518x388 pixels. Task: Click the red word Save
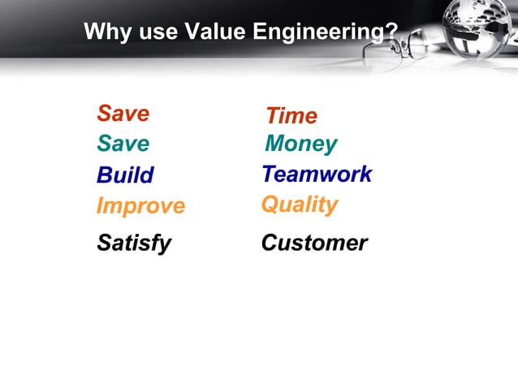[x=123, y=114]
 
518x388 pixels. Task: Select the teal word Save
[x=123, y=144]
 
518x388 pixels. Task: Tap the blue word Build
[x=124, y=175]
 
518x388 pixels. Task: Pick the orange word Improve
[x=140, y=206]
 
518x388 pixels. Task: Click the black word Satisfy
[x=134, y=243]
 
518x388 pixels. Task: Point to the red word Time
[x=291, y=116]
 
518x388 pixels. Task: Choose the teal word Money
[x=300, y=144]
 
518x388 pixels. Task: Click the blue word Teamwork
[x=317, y=175]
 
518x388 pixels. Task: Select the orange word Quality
[x=299, y=205]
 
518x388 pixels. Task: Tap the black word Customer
[x=314, y=243]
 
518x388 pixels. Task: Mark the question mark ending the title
[x=391, y=32]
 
